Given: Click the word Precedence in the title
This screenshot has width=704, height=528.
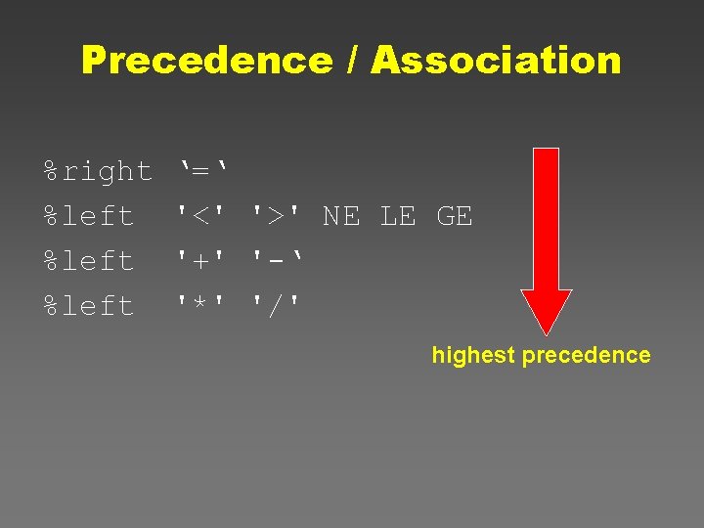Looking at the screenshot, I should pos(206,61).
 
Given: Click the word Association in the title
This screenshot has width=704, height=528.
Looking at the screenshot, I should pos(496,61).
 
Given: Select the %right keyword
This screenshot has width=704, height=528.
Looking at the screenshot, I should pos(98,171).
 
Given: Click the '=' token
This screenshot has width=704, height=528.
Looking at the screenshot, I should pos(202,171).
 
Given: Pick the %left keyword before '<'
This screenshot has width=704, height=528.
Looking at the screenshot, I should pos(89,216).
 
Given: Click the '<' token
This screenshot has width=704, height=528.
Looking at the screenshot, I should pos(202,216).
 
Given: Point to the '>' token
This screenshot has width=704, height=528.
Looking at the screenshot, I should pos(277,216).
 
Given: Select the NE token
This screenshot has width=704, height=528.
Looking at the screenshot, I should pos(340,216).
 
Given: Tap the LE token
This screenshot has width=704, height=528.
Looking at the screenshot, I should pos(397,216).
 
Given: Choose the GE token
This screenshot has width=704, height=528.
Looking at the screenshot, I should pos(454,216).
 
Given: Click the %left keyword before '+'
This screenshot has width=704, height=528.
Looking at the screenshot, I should pos(89,261).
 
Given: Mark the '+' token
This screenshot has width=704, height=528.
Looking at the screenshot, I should pos(202,261).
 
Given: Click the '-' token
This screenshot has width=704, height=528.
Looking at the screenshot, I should pos(277,261).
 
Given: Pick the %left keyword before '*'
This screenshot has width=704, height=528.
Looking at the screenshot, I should pos(89,306).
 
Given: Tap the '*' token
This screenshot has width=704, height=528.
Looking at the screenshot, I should pos(202,306).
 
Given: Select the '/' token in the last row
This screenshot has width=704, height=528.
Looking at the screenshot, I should pos(277,306).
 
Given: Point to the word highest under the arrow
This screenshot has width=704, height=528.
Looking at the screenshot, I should pos(472,355).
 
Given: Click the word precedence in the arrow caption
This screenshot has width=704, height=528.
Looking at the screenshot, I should pos(586,355).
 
